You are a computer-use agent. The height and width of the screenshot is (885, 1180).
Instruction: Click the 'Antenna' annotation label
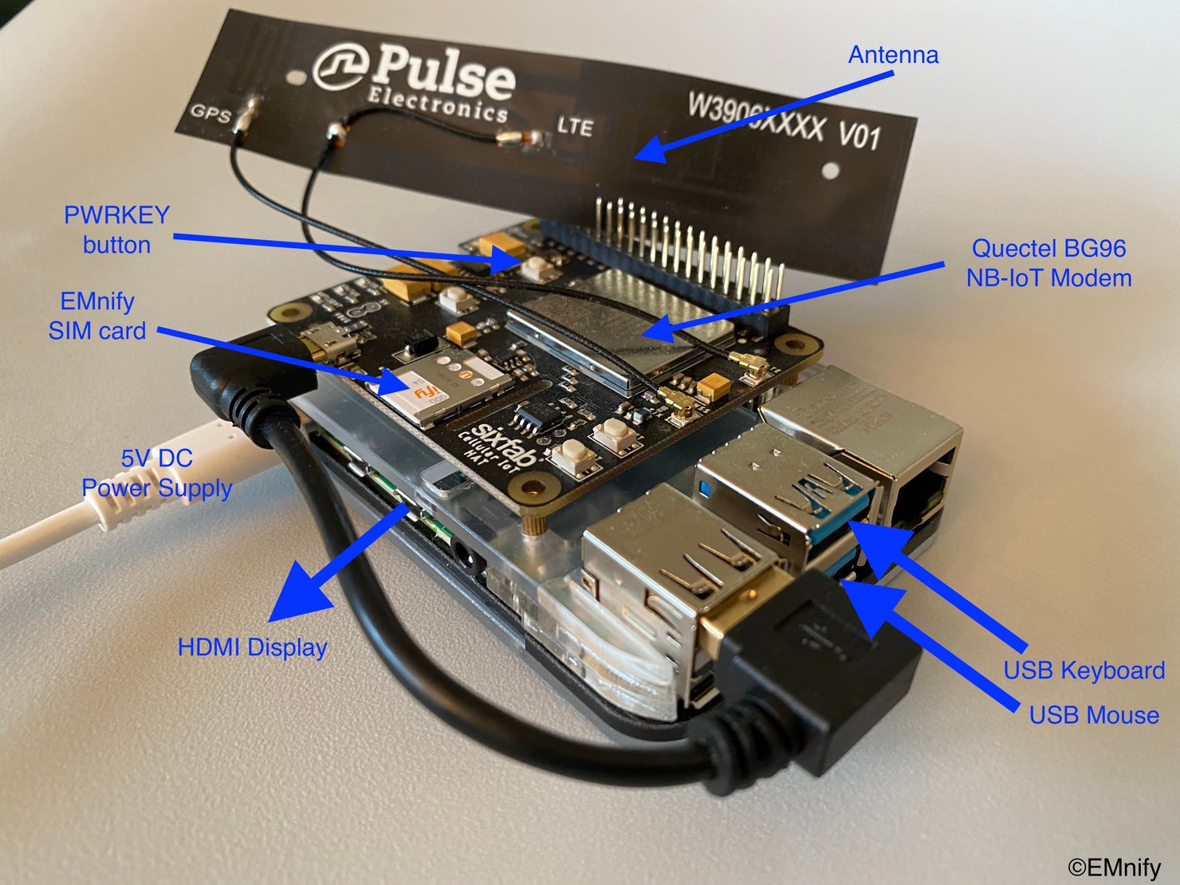[x=893, y=55]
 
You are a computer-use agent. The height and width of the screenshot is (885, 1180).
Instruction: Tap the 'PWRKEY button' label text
[x=116, y=230]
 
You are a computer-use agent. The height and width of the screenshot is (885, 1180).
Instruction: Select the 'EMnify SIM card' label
[x=97, y=316]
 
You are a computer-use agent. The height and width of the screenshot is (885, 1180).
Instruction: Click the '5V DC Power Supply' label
[x=156, y=473]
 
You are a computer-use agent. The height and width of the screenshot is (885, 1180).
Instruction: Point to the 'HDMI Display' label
[x=252, y=647]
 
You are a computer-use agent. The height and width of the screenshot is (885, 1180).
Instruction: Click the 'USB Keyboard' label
[x=1084, y=671]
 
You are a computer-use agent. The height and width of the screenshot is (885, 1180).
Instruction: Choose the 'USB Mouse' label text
[x=1093, y=715]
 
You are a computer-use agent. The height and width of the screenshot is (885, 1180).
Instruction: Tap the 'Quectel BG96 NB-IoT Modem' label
[x=1048, y=263]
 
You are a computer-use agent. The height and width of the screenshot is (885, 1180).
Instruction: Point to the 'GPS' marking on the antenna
[x=210, y=113]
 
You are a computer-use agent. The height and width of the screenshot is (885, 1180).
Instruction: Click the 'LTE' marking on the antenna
[x=575, y=127]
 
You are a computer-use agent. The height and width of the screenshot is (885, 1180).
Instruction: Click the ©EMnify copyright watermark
[x=1114, y=867]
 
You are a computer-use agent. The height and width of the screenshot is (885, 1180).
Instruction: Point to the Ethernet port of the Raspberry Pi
[x=917, y=486]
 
